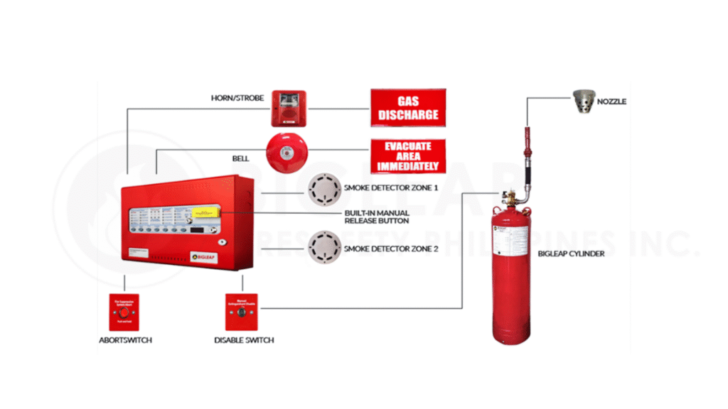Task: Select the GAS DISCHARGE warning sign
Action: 408,107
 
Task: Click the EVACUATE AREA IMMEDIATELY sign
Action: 408,156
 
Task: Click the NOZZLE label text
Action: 611,102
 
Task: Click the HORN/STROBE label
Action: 233,97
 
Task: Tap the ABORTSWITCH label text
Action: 125,340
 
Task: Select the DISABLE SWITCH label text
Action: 244,340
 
